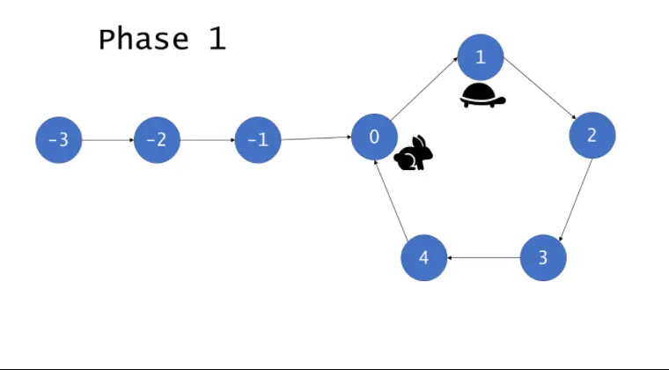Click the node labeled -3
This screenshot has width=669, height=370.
click(58, 140)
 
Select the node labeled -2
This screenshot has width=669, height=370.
click(157, 140)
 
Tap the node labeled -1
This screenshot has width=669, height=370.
click(258, 140)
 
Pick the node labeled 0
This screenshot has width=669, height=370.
click(374, 137)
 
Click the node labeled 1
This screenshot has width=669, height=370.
click(480, 57)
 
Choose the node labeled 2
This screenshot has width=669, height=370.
click(592, 135)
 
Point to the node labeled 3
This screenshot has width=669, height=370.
click(543, 257)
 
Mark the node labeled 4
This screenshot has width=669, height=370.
click(423, 257)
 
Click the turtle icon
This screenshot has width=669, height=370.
click(482, 96)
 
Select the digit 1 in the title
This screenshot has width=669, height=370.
click(217, 40)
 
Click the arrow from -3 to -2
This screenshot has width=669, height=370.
click(107, 140)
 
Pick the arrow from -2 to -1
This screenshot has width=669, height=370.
click(207, 140)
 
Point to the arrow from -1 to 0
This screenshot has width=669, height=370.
click(316, 138)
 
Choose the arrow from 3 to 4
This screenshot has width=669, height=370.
click(483, 258)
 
